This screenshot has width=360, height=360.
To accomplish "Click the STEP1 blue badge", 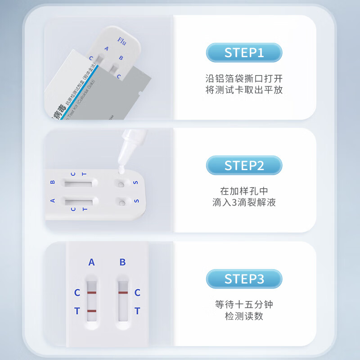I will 244,53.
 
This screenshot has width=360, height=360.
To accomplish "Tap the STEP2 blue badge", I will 244,165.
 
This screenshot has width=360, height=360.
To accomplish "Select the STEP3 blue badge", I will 244,279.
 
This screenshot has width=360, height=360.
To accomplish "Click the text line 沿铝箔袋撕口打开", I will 244,78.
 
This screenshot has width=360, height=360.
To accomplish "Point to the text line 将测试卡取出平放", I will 244,90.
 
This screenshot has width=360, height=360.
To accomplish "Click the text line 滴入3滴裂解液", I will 244,202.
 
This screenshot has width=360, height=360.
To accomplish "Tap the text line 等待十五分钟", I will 244,305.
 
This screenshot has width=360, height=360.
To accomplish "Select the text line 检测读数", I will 244,316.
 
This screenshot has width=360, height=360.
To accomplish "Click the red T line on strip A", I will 92,311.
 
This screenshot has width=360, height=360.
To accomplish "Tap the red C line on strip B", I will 123,292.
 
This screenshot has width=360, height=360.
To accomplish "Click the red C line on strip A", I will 92,292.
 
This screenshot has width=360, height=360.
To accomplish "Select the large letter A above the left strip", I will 92,262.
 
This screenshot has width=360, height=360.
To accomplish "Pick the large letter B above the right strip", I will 122,262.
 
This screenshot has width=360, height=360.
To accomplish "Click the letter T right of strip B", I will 137,311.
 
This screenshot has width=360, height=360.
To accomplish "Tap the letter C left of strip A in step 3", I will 77,293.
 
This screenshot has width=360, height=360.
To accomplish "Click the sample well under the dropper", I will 121,183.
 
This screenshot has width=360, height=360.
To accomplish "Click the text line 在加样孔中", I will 244,191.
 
